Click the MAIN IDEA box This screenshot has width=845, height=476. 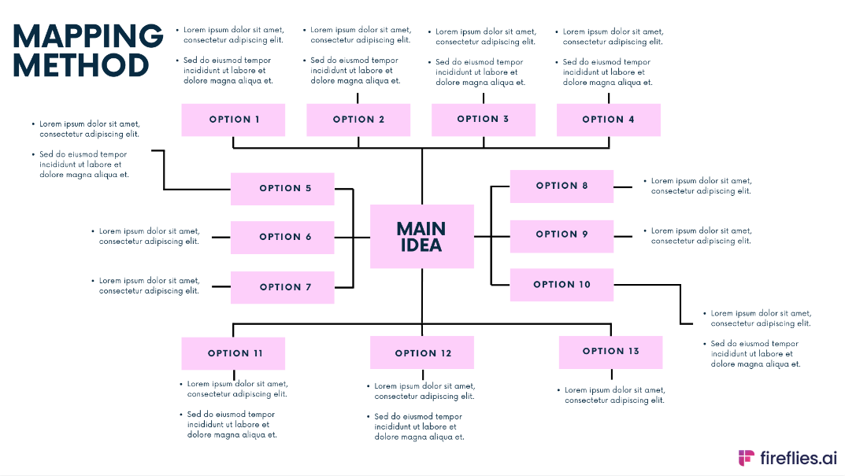pos(421,237)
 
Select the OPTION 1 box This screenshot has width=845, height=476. pos(233,120)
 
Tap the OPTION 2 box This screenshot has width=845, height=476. pos(358,120)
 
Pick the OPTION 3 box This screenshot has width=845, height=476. pos(483,120)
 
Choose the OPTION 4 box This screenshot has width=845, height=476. pos(608,120)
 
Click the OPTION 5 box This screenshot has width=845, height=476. pos(282,189)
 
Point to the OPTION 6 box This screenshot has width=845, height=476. pos(282,237)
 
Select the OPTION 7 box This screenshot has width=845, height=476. pos(282,287)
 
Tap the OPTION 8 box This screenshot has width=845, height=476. pos(561,186)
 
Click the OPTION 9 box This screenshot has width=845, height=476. pos(561,234)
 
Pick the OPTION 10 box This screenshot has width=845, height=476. pos(561,285)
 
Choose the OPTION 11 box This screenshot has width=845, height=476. pos(233,353)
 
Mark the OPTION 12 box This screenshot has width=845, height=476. pos(422,353)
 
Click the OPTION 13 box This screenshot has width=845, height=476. pos(610,352)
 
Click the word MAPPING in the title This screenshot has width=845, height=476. pos(87,36)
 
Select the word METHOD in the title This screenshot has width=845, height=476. pos(80,65)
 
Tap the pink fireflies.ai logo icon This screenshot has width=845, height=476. pos(746,458)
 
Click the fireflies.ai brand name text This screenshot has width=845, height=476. pos(799,458)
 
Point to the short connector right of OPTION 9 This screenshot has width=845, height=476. pos(623,235)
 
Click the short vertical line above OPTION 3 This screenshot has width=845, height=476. pos(484,98)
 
